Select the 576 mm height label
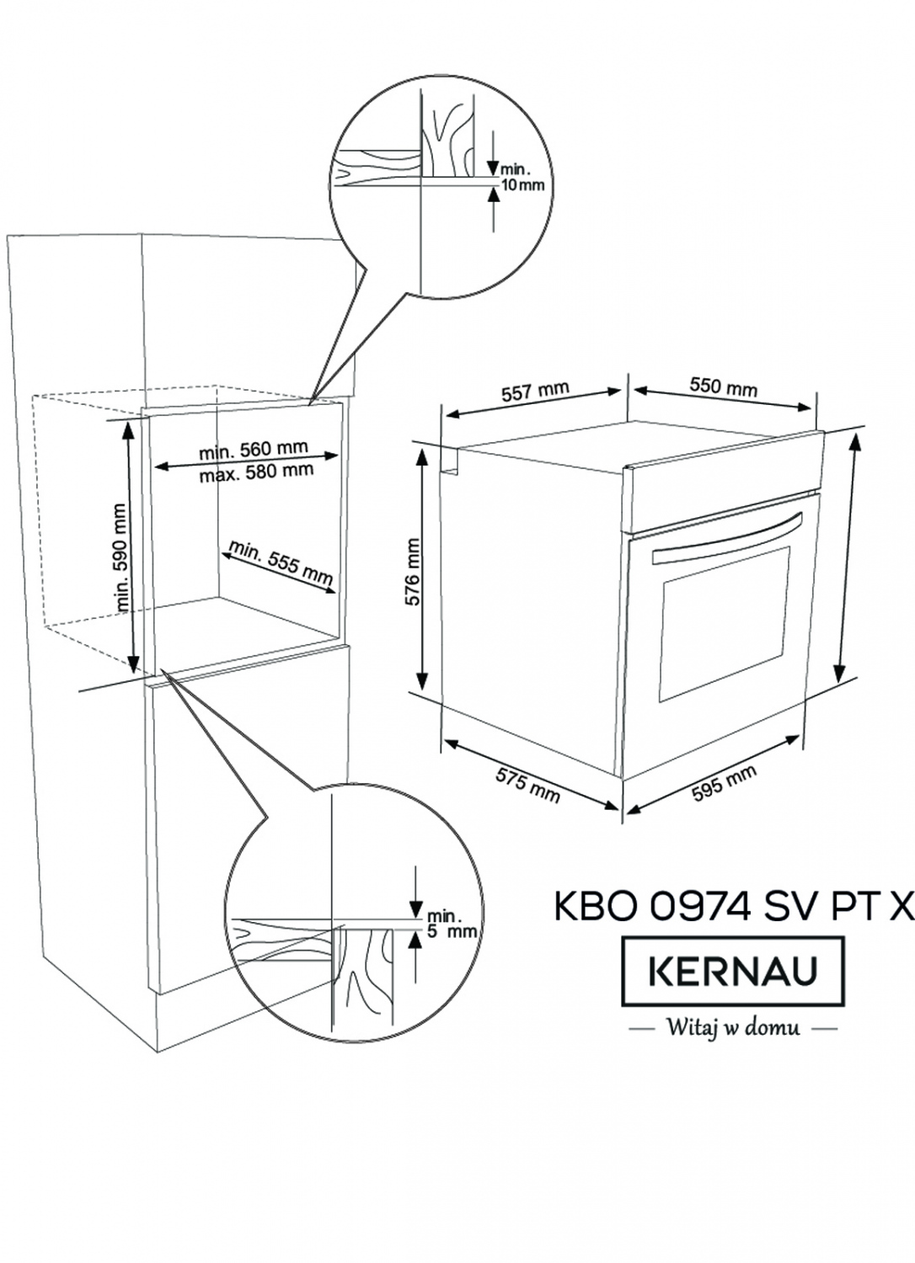[x=413, y=572]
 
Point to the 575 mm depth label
[x=527, y=786]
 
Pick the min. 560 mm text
[x=254, y=450]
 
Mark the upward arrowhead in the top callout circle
[x=495, y=195]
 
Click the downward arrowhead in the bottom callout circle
[x=415, y=909]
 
